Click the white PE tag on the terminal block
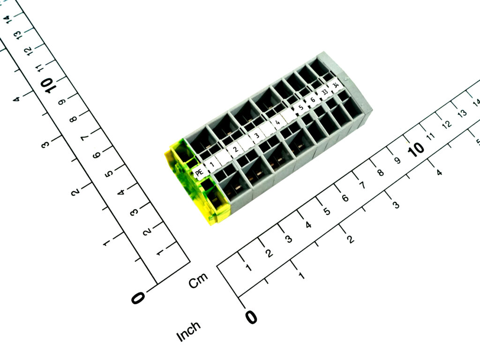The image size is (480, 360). click(200, 172)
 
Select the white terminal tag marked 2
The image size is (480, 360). click(235, 150)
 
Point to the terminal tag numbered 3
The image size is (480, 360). click(256, 136)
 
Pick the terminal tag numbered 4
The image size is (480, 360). click(277, 122)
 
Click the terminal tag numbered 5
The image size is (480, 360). click(300, 108)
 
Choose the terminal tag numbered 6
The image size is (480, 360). click(312, 100)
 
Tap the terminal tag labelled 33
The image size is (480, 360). click(324, 92)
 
